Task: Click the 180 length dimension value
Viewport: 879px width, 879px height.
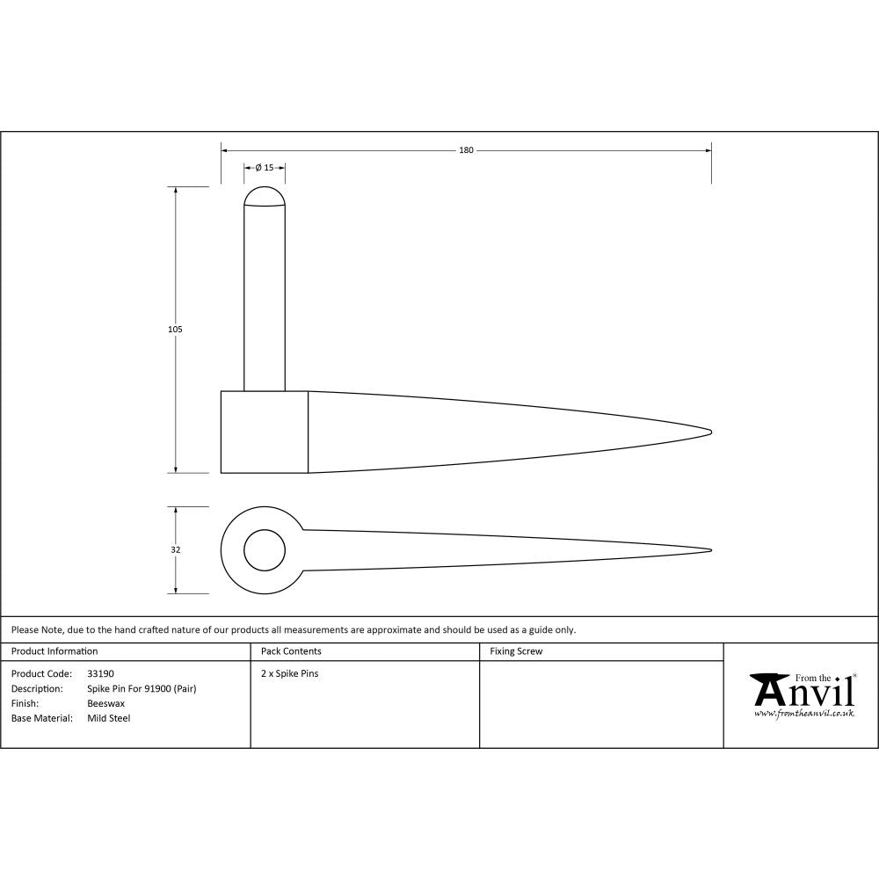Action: tap(466, 150)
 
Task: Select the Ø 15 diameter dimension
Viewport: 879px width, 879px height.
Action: tap(265, 167)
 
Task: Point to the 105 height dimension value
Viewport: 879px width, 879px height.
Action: tap(175, 329)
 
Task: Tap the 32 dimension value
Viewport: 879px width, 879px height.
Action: tap(175, 550)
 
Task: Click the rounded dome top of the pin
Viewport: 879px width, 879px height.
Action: tap(265, 196)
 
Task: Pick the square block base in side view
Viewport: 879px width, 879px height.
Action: tap(264, 432)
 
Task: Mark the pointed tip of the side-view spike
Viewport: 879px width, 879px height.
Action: tap(708, 431)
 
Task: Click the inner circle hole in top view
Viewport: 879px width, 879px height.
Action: tap(265, 551)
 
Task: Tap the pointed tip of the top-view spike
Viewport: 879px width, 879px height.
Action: tap(708, 551)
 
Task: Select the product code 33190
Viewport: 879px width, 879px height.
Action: tap(100, 674)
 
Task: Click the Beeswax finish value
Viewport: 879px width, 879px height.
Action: tap(105, 704)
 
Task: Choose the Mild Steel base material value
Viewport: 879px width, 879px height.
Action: tap(108, 719)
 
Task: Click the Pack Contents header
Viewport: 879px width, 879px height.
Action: tap(291, 651)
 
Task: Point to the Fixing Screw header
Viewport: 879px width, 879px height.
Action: tap(516, 651)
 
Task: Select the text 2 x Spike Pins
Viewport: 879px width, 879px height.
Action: tap(290, 674)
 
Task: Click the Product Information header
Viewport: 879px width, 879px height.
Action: tap(54, 651)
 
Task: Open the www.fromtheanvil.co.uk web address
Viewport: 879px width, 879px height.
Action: tap(803, 715)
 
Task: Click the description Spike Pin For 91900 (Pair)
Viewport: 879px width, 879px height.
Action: tap(142, 689)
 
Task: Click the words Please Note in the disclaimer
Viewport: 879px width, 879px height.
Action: tap(37, 629)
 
